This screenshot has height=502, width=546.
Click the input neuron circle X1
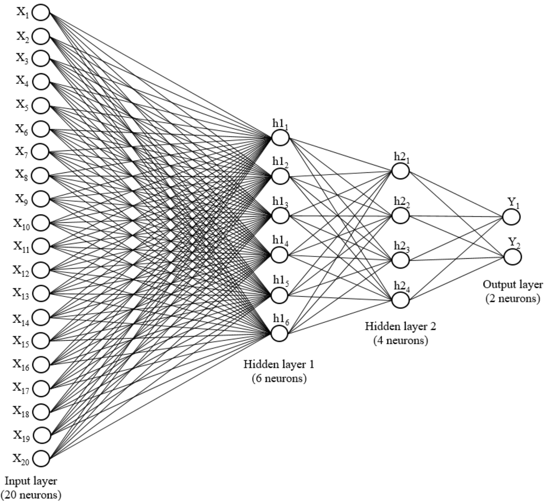[x=41, y=13]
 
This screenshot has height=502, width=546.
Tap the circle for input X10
[x=41, y=223]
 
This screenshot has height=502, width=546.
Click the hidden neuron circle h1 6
[x=279, y=333]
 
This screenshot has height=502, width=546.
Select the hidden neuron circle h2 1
[x=400, y=171]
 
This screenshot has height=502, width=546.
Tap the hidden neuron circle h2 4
[x=400, y=300]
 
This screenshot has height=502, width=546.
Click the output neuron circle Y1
[x=511, y=217]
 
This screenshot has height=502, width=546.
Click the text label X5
[x=22, y=105]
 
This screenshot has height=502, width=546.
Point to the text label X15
[x=20, y=341]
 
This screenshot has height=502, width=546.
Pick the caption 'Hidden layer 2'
[x=400, y=326]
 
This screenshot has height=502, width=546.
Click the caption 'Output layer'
[x=513, y=285]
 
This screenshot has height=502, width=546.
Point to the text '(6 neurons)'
[x=279, y=378]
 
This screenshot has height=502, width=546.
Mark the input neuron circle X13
[x=41, y=293]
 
